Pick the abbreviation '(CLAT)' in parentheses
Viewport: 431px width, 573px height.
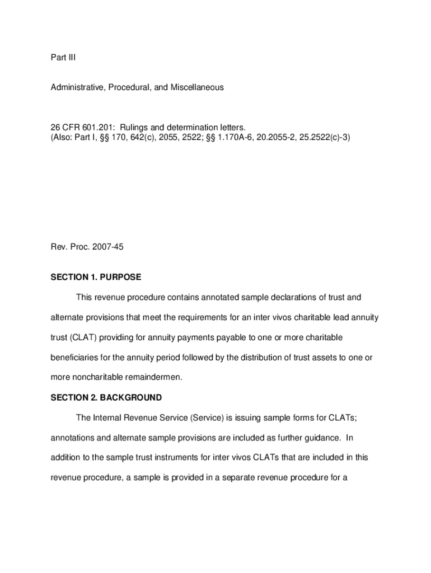point(81,337)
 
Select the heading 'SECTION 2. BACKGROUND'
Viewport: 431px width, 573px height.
point(106,397)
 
